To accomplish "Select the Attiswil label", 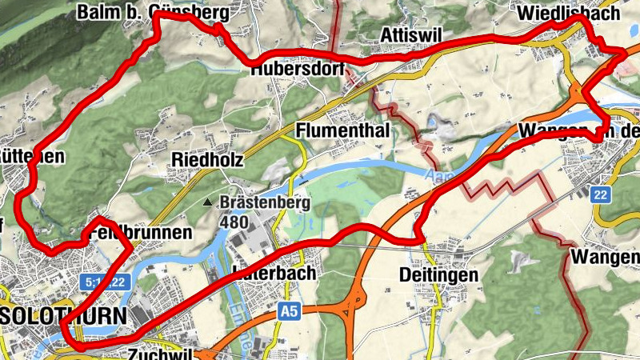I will click(x=410, y=36).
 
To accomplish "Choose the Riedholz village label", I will click(x=208, y=160).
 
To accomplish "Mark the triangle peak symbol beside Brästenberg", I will click(x=209, y=203).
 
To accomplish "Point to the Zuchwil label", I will click(x=163, y=352).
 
